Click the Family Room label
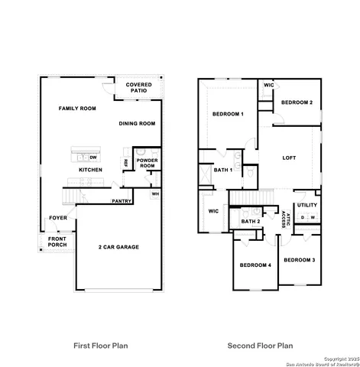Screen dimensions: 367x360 pos(77,109)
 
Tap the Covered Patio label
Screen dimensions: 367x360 pos(138,88)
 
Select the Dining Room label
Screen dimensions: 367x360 pos(137,123)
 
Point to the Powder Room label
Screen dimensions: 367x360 pos(147,163)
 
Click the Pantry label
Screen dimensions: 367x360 pos(122,201)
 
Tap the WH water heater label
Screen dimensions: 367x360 pos(155,193)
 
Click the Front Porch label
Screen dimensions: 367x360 pos(57,242)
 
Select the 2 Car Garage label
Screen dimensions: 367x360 pos(118,247)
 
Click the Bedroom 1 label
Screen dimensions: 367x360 pos(227,114)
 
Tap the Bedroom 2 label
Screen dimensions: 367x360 pos(296,102)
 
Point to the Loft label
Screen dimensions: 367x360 pos(288,158)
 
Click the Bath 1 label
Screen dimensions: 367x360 pos(222,170)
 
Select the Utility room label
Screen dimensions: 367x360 pos(307,205)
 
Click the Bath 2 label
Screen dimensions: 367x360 pos(251,222)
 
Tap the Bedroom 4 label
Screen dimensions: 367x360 pos(255,265)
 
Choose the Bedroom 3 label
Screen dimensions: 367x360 pos(299,259)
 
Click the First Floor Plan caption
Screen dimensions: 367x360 pos(100,346)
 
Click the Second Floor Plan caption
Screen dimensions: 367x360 pos(259,346)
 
